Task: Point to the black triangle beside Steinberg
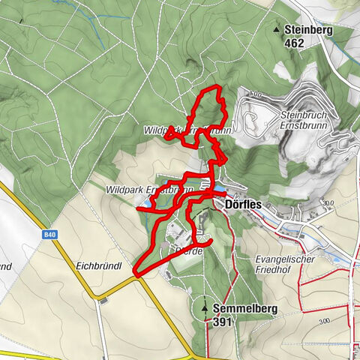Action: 277,30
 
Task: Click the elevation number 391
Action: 223,322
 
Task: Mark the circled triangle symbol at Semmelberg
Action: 205,307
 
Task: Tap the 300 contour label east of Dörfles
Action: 326,202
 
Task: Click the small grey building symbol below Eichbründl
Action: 102,300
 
